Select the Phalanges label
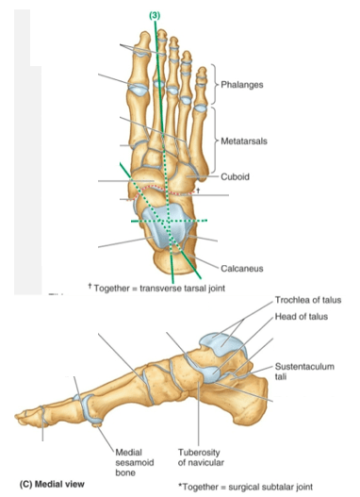click(243, 86)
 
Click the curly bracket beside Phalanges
click(216, 86)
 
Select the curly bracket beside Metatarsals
click(216, 141)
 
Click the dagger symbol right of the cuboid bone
click(199, 191)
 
